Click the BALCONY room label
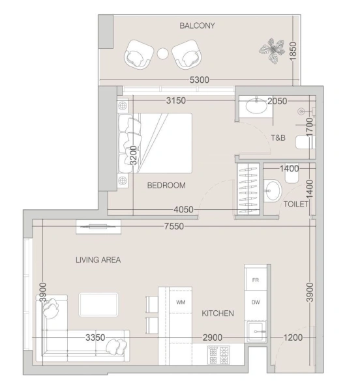197,26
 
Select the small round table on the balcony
163,53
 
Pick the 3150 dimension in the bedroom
177,101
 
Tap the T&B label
278,138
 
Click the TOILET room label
295,204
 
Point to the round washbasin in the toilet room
273,191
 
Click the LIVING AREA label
98,259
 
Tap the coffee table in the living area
98,304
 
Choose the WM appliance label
181,302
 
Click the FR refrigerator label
256,279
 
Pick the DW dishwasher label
256,302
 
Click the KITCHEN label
217,313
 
